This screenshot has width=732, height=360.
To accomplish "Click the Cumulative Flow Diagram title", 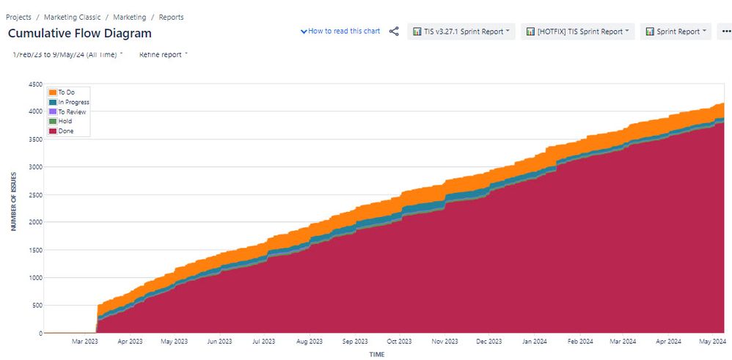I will click(x=80, y=33).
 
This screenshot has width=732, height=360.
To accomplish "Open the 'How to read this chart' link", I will click(x=340, y=32).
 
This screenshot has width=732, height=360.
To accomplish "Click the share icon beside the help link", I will click(x=394, y=32).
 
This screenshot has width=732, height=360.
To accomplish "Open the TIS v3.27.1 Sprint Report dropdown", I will click(x=461, y=32).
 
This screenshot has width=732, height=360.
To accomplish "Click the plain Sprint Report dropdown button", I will click(x=676, y=32).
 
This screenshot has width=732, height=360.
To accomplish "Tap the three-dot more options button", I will click(x=725, y=32).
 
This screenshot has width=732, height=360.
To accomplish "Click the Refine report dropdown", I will click(x=163, y=54).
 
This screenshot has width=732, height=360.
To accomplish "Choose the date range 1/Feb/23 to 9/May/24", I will click(x=67, y=54).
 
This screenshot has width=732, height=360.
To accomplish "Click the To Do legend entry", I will click(x=66, y=92).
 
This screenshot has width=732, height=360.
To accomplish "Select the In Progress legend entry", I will click(x=73, y=102).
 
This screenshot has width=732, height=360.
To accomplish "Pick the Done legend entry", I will click(x=65, y=131).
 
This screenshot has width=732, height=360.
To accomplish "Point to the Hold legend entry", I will click(x=65, y=122).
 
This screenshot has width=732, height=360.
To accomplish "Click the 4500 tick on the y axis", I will click(x=34, y=85).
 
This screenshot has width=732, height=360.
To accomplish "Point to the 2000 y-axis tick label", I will click(x=34, y=222).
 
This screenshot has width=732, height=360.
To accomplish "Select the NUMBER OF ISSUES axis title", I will click(x=13, y=208).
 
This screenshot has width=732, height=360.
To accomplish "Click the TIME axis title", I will click(x=376, y=354).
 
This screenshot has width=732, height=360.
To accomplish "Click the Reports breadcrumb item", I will click(x=171, y=17).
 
